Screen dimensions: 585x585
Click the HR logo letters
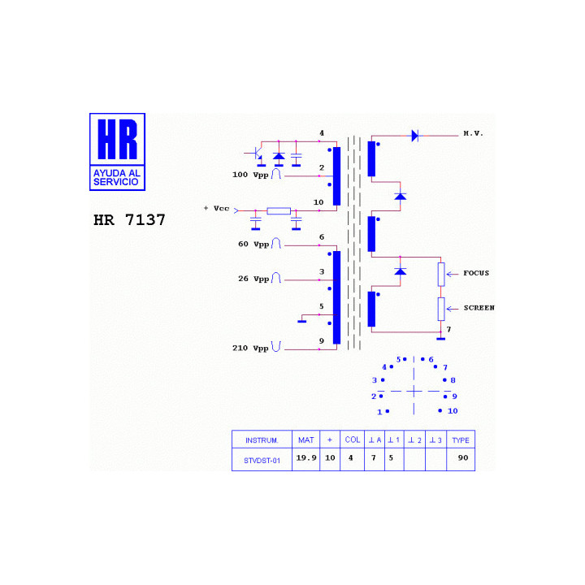[x=118, y=139]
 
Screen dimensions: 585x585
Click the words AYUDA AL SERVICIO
[x=117, y=178]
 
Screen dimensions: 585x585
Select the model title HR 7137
[x=129, y=220]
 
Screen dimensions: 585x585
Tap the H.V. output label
[x=473, y=133]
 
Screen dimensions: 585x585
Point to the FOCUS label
[x=476, y=273]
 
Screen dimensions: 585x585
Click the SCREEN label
[x=479, y=308]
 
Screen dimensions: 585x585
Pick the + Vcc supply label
[x=216, y=208]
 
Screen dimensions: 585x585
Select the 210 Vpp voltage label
[x=250, y=348]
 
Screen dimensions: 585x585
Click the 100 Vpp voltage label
[x=250, y=175]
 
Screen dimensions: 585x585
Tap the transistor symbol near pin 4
[x=256, y=154]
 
